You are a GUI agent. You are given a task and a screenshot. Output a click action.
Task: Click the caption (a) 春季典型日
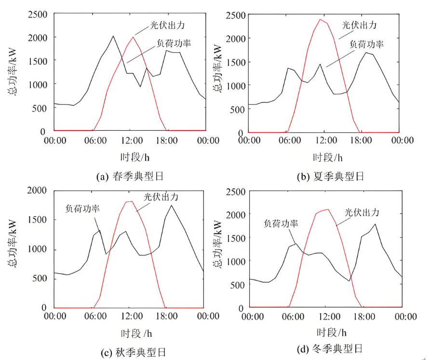(130, 176)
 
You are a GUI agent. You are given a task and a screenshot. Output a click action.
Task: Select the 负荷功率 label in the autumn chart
(82, 208)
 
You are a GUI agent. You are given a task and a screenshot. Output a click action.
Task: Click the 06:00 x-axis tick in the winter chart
(292, 317)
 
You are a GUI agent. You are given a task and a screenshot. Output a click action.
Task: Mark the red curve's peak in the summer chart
(320, 19)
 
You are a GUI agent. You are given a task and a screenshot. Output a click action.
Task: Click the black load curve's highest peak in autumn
(171, 206)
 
